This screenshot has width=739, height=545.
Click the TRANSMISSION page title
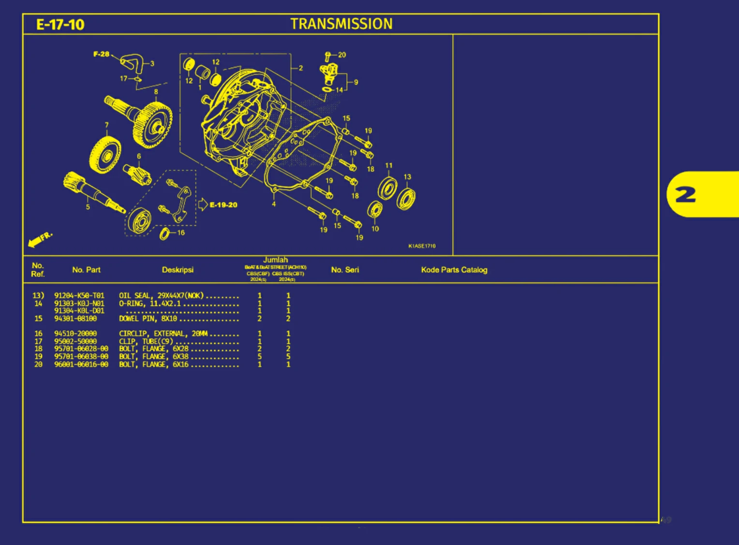(x=341, y=24)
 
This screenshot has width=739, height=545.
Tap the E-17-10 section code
(x=60, y=25)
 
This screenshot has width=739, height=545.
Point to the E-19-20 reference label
(x=223, y=205)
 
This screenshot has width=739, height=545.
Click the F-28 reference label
(x=101, y=54)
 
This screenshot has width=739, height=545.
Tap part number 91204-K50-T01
(x=79, y=295)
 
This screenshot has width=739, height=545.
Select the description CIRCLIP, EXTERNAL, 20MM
(x=163, y=334)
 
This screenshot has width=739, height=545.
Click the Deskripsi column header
(x=177, y=270)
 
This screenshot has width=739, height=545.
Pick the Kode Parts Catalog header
(x=454, y=270)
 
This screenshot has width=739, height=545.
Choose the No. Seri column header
(x=345, y=270)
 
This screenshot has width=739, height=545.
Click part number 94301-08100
(x=75, y=319)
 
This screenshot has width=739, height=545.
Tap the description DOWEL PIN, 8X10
(x=148, y=319)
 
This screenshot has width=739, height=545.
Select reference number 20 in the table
(x=38, y=365)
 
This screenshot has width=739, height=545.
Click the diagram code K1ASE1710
(x=422, y=246)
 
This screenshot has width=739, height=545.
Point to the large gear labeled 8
(x=153, y=125)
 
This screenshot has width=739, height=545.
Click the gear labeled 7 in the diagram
(x=104, y=154)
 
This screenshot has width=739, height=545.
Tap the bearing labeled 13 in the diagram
(x=406, y=199)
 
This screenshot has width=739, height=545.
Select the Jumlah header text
(x=275, y=260)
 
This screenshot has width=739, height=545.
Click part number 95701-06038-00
(x=81, y=357)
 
